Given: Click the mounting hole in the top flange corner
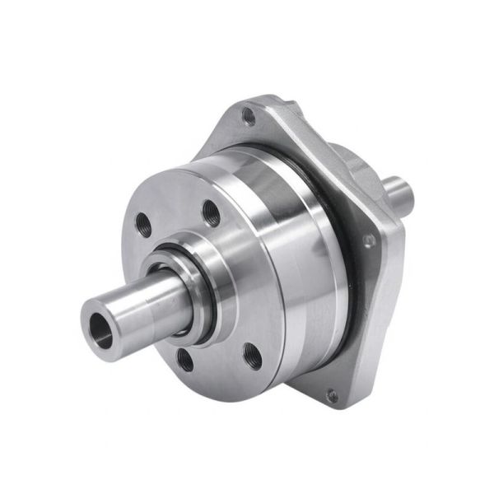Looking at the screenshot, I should pyautogui.click(x=250, y=116).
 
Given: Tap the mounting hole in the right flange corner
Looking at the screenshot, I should pyautogui.click(x=370, y=239).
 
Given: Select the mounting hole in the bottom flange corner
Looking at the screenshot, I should pyautogui.click(x=331, y=396).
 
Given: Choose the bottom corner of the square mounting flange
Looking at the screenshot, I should pyautogui.click(x=333, y=406).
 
